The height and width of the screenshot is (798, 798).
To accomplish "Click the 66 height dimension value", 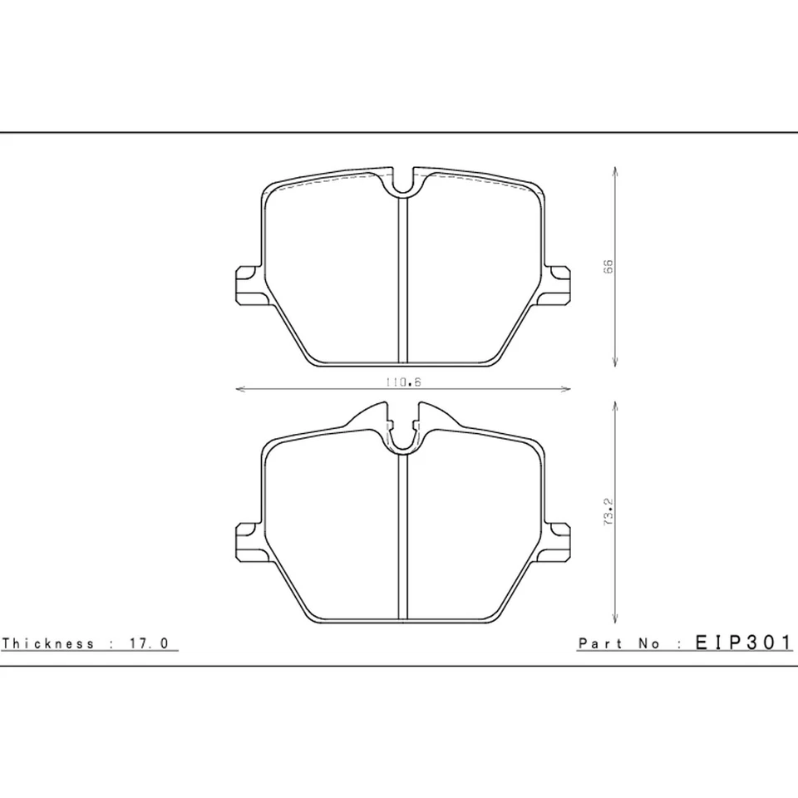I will point(608,267).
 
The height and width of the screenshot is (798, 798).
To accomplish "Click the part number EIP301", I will point(743,643).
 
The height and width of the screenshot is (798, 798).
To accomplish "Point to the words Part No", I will point(619,643).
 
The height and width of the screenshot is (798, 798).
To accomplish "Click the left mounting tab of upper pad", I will point(246,283).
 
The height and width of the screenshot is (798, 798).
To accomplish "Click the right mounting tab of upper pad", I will point(559,283).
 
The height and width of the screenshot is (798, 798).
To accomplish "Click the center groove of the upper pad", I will point(402,283).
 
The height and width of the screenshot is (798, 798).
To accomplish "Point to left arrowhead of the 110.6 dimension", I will point(240,388).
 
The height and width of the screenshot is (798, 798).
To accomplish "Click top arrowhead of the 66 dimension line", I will point(614,170).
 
